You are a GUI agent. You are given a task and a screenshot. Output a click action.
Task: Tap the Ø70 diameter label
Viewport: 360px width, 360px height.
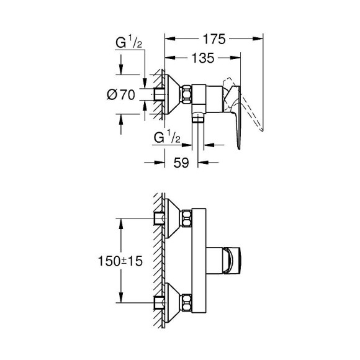(122, 95)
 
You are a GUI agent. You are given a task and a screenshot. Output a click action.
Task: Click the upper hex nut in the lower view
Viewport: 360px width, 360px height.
(186, 218)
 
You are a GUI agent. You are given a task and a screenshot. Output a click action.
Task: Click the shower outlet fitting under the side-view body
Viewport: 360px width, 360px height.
(198, 120)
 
